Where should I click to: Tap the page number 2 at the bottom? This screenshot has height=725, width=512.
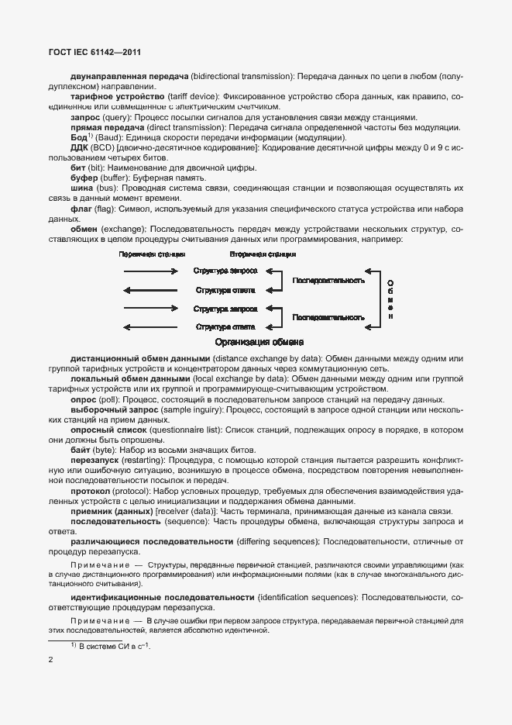(50, 661)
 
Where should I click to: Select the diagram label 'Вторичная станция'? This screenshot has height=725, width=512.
(263, 254)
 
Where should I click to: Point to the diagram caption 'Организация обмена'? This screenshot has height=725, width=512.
(259, 342)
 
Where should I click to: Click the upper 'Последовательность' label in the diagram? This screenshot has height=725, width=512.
(328, 280)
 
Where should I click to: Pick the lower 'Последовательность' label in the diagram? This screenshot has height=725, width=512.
(328, 318)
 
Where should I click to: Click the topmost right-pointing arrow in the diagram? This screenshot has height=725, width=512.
(150, 271)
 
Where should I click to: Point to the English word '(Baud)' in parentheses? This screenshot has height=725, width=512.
(108, 136)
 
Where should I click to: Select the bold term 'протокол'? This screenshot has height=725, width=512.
(93, 491)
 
